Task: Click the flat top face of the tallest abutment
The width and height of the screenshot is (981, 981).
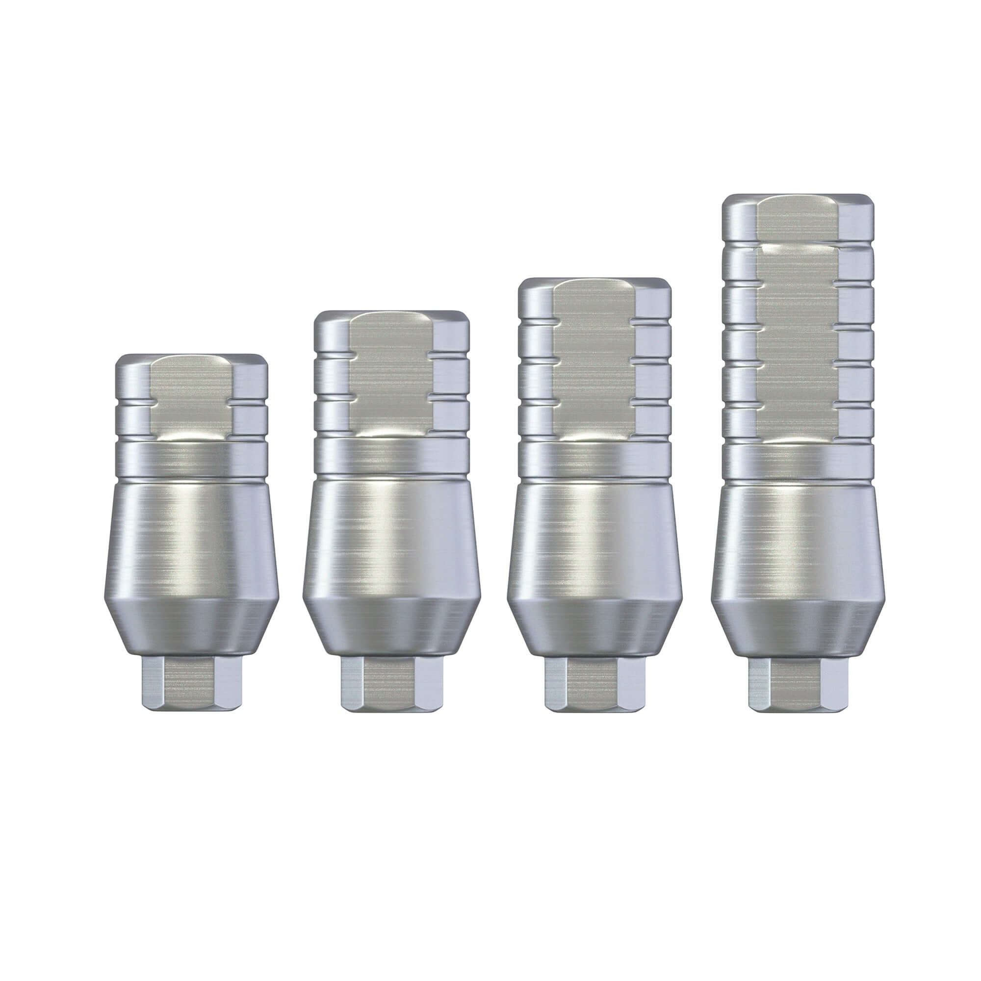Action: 799,198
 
